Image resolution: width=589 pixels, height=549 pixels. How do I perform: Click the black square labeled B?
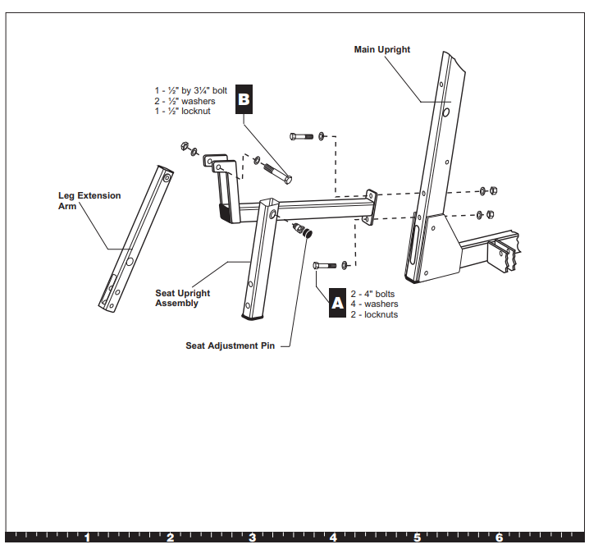click(244, 98)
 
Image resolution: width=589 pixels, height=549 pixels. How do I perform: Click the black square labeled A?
click(336, 303)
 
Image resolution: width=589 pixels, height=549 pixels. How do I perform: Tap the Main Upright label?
click(381, 50)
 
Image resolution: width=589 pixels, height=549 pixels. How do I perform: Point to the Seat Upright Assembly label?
click(182, 298)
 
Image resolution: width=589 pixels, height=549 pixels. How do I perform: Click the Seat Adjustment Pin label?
click(230, 345)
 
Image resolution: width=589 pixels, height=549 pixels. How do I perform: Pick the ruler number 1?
click(87, 538)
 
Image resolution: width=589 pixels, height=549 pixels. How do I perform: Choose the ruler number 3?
click(252, 538)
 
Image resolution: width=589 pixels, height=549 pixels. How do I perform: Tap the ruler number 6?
click(499, 538)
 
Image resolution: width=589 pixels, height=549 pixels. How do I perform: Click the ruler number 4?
click(334, 538)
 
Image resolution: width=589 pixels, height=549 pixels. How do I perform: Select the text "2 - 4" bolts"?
click(372, 294)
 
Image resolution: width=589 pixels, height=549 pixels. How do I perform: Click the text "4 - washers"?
click(374, 304)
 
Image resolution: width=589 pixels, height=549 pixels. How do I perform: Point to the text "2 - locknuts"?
click(374, 314)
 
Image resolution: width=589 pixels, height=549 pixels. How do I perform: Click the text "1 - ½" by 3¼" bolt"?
click(190, 90)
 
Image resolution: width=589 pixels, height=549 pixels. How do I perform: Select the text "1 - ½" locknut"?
click(183, 111)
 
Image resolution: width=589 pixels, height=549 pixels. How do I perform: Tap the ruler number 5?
click(417, 538)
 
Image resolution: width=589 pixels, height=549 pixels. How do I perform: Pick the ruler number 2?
click(170, 538)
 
